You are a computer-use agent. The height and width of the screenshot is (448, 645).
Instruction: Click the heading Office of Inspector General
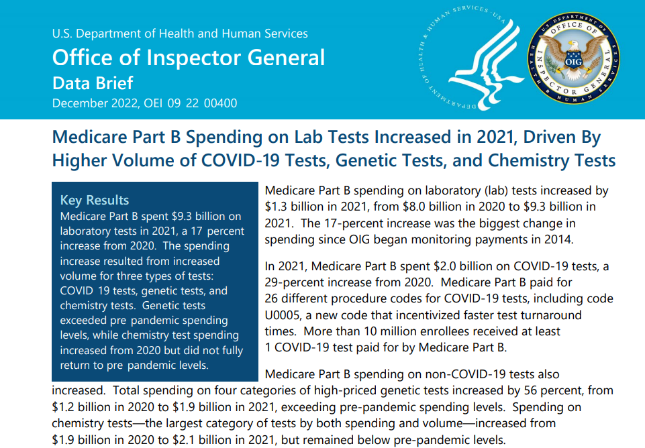point(189,57)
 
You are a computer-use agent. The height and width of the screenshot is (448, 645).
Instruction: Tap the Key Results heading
point(95,200)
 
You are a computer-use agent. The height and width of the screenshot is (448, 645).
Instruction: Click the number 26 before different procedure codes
point(272,298)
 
